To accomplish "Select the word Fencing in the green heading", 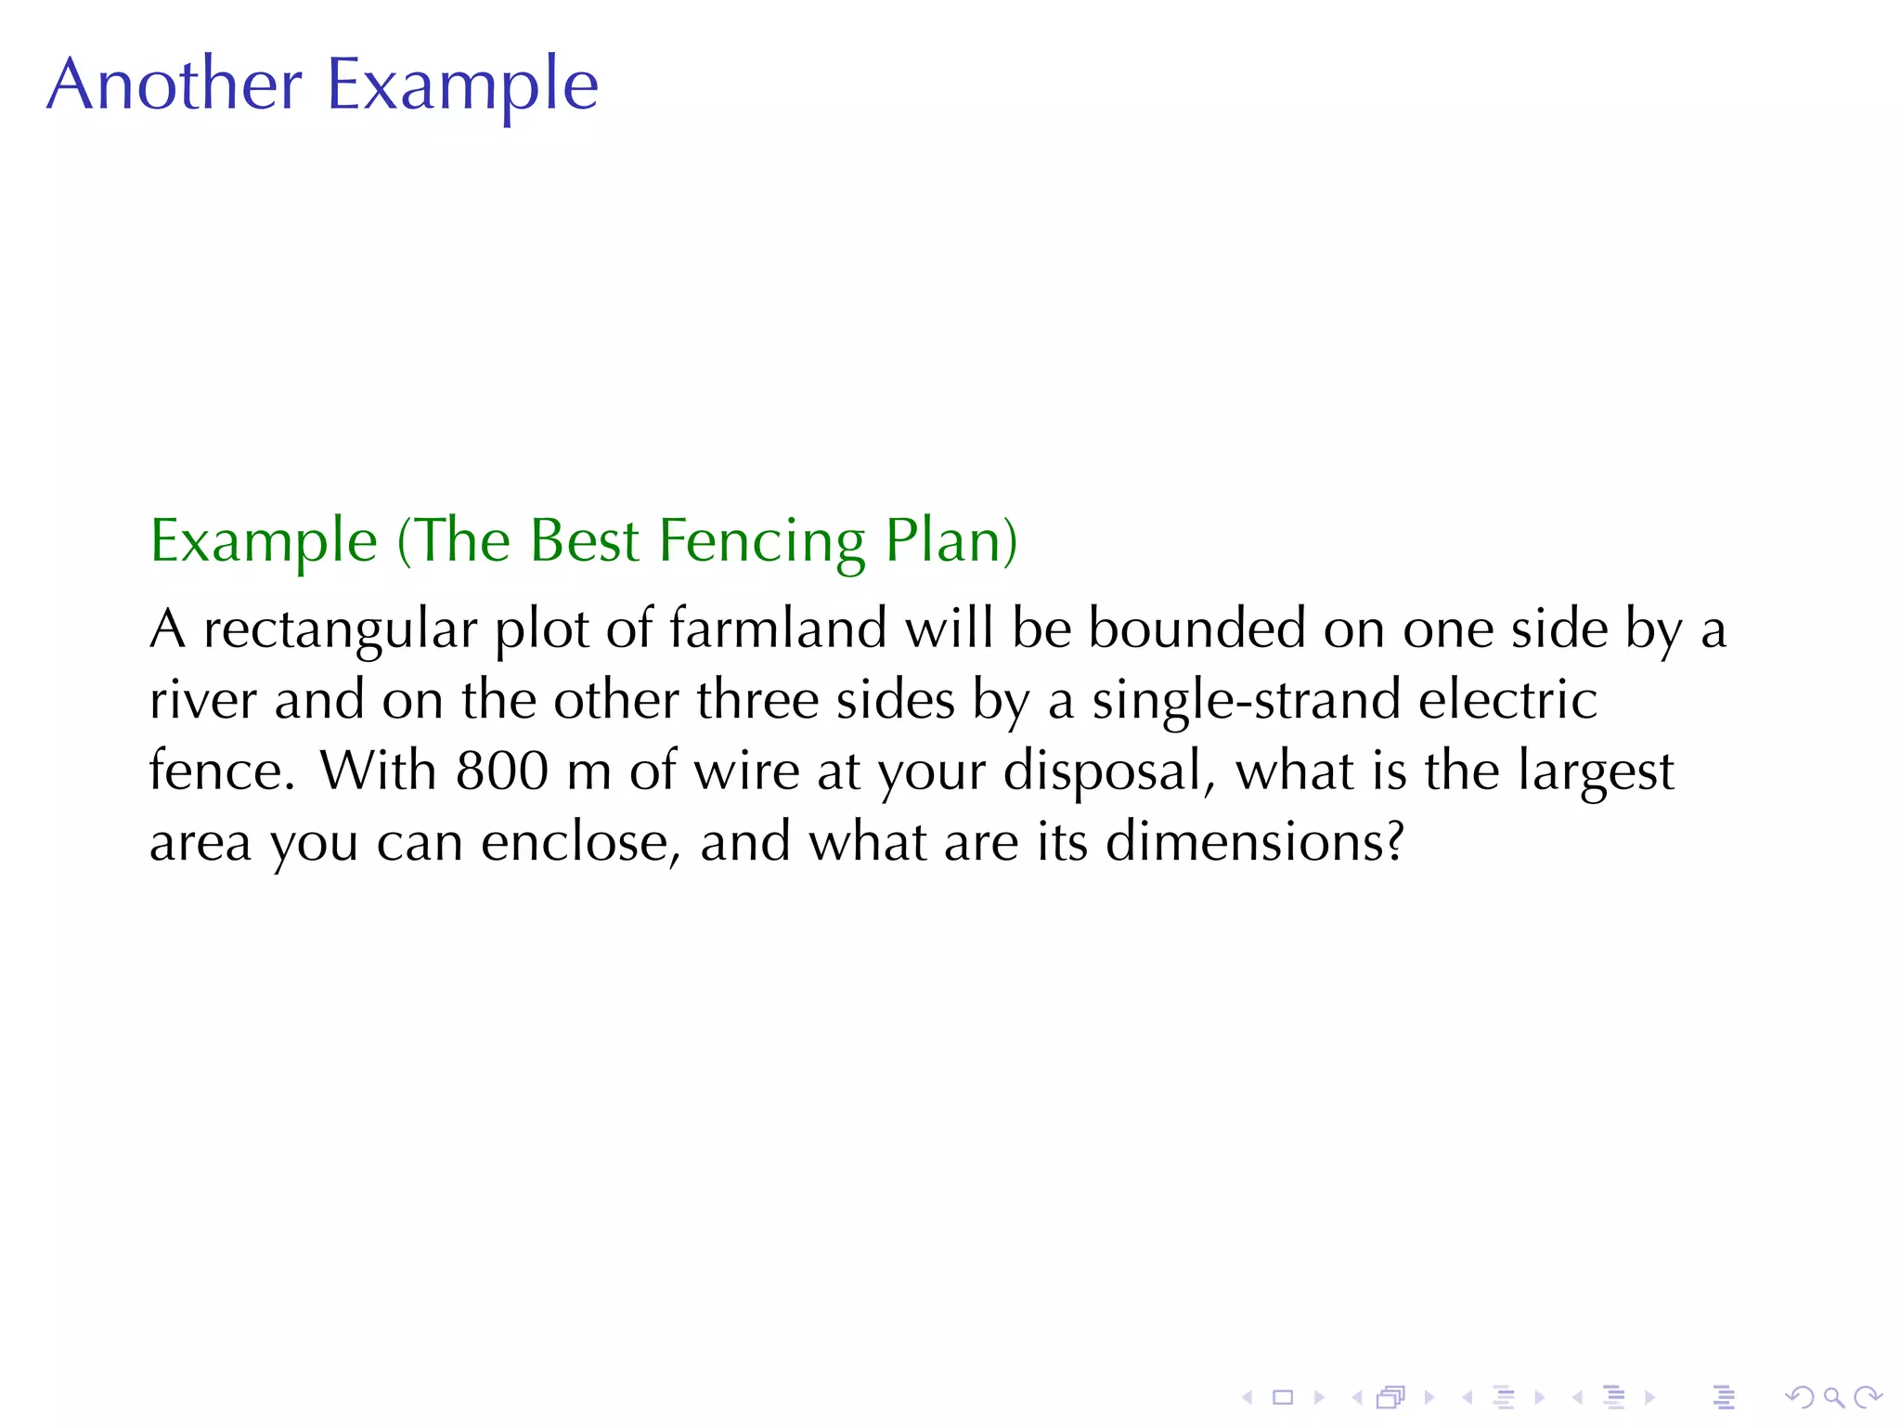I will coord(761,540).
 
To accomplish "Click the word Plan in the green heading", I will coord(943,540).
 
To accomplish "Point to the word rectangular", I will coord(340,629).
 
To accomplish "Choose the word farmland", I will coord(778,629).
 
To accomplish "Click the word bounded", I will coord(1196,629).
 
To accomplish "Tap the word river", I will coord(202,700).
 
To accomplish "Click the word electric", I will coord(1507,700).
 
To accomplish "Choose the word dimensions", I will coord(1244,842).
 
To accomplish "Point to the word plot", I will coord(542,629).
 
